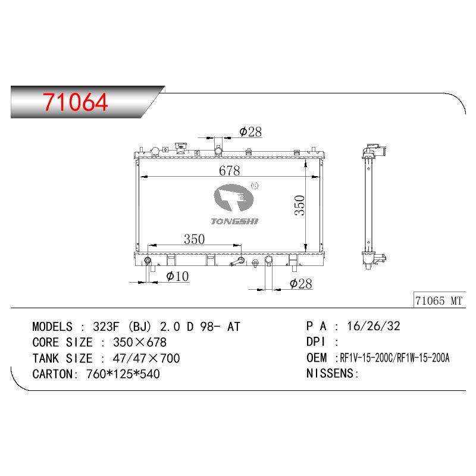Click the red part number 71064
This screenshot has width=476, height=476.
coord(76,102)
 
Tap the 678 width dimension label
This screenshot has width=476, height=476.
coord(230,171)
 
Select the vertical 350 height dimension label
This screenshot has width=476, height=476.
coord(300,205)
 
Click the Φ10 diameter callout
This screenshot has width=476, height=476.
coord(177,276)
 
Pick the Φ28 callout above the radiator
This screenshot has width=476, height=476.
coord(250,131)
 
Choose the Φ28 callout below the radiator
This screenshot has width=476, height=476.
coord(301,284)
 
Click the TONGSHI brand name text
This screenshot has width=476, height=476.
coord(234,221)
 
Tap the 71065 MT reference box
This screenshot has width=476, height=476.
coord(439,300)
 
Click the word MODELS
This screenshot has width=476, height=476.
coord(52,327)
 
